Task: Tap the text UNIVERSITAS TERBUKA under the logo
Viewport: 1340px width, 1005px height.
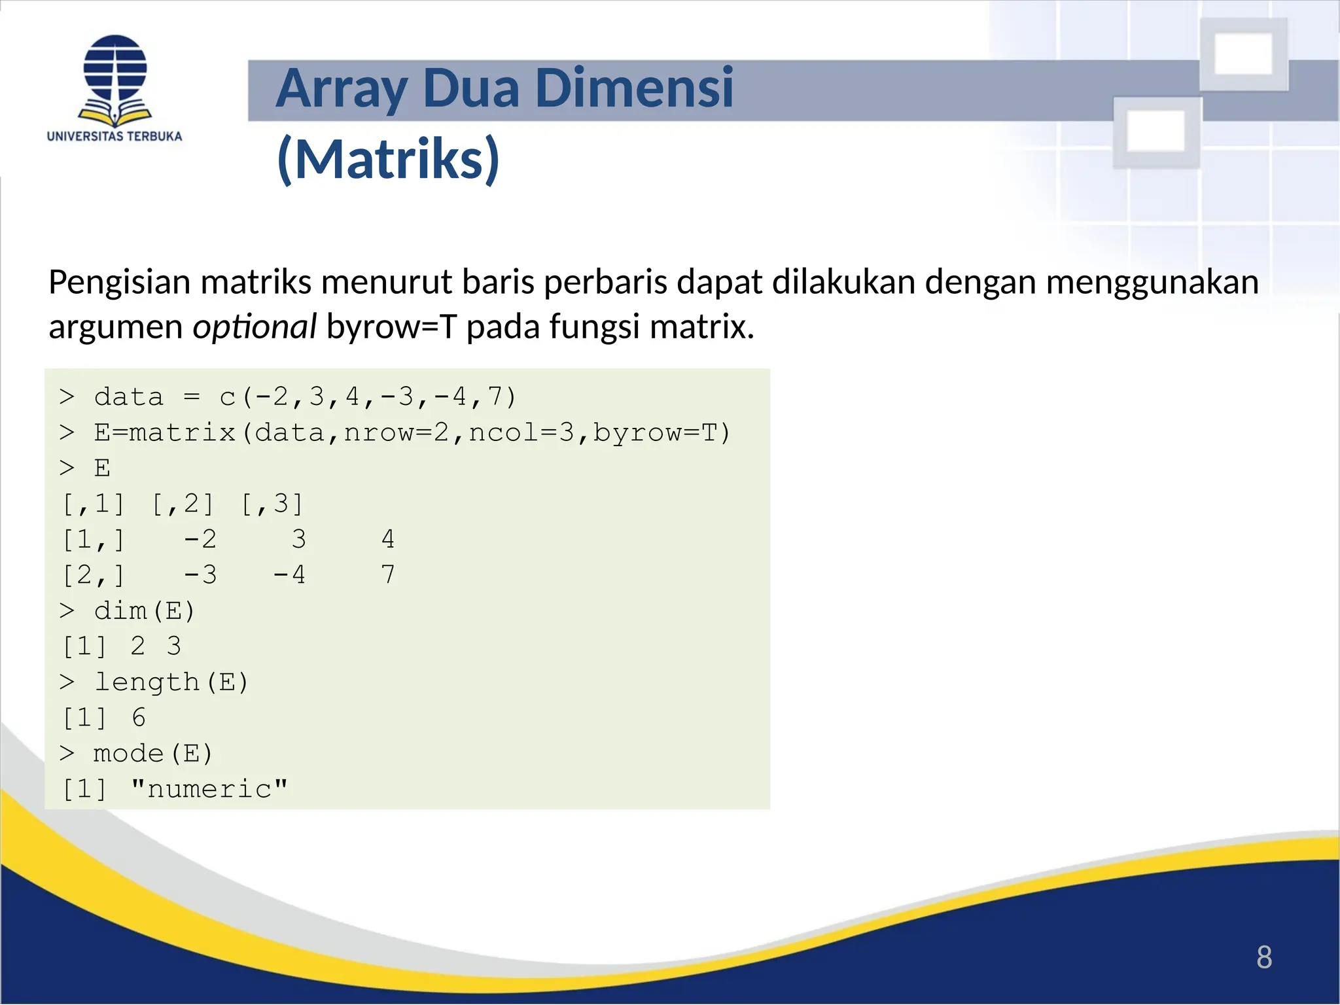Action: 115,136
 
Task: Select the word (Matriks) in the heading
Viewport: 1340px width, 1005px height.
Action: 389,159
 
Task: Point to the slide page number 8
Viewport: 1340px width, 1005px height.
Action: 1263,958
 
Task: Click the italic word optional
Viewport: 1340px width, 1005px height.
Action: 254,326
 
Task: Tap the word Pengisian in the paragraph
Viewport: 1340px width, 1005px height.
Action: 119,283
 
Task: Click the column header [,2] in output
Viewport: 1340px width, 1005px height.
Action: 183,504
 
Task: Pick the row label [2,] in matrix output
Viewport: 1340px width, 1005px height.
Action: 93,575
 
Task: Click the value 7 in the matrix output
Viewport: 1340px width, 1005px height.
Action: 387,575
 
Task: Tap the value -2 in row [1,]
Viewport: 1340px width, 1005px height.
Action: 200,539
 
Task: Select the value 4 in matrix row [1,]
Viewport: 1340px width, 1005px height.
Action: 387,539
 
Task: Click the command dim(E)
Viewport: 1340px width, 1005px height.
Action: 144,610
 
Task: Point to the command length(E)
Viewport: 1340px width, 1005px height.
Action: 171,682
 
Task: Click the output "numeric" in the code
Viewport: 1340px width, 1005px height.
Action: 209,789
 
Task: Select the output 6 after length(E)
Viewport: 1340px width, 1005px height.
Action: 138,718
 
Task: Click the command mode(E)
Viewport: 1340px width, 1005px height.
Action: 152,753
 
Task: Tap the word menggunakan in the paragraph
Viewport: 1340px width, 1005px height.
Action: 1152,283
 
